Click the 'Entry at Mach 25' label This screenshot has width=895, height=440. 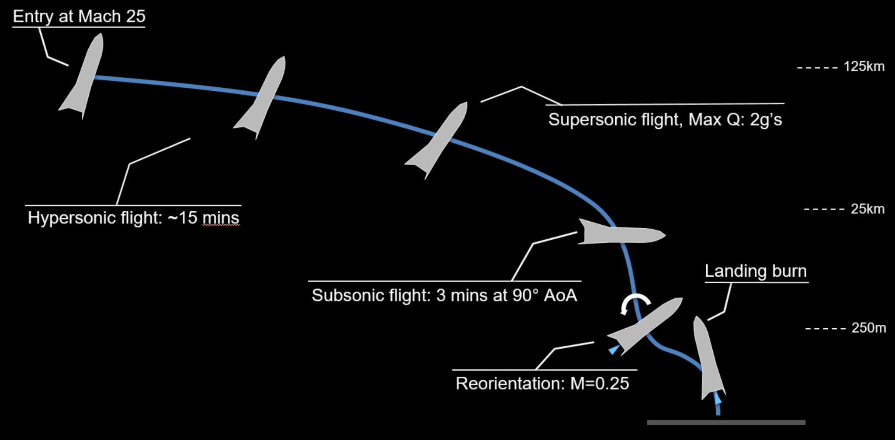pyautogui.click(x=79, y=17)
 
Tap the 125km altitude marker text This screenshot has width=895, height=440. pyautogui.click(x=864, y=67)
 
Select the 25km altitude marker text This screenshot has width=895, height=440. pyautogui.click(x=867, y=209)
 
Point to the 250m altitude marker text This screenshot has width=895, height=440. pyautogui.click(x=868, y=328)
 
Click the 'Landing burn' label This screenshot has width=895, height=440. pyautogui.click(x=756, y=271)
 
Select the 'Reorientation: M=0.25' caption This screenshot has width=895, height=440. pyautogui.click(x=542, y=384)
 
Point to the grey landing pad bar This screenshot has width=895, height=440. pyautogui.click(x=726, y=423)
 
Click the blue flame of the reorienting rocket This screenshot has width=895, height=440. pyautogui.click(x=614, y=349)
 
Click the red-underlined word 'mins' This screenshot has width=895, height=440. pyautogui.click(x=221, y=218)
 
